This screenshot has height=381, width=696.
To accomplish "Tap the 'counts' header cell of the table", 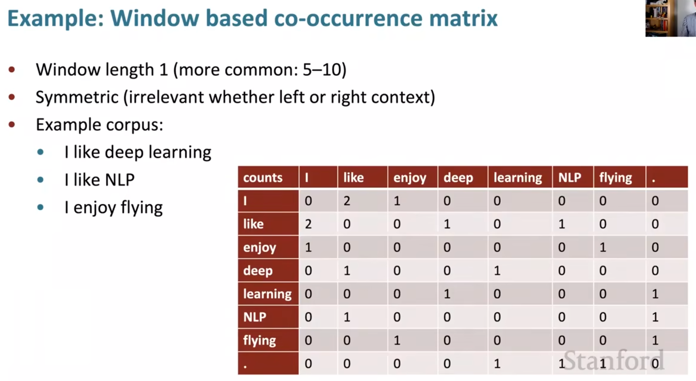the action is [x=268, y=177].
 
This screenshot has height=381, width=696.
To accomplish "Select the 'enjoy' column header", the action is [x=412, y=177].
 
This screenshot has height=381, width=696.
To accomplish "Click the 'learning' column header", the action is [x=520, y=177].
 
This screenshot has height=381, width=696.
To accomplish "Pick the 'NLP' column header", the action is [x=573, y=177].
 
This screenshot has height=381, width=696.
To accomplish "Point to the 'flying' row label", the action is [x=268, y=340].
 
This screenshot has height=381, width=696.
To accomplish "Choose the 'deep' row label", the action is [x=268, y=270].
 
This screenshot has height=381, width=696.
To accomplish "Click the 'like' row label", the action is [x=268, y=224].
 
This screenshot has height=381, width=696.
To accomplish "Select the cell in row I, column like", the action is [x=362, y=201].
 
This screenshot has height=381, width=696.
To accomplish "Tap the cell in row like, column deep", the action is [x=463, y=224].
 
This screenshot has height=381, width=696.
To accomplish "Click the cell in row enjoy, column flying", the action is [x=619, y=247].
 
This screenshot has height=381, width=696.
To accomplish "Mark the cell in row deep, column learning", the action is [x=520, y=270].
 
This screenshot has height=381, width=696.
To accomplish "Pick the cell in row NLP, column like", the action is [x=362, y=317].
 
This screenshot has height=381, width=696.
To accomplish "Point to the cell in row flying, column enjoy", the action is [x=412, y=340].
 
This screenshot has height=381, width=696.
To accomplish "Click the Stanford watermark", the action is [x=614, y=360].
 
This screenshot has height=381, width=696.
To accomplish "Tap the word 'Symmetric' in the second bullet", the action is [x=77, y=97].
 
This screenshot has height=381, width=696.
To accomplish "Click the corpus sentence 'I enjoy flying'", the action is [x=114, y=207].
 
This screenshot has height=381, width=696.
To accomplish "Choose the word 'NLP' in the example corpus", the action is [x=119, y=180].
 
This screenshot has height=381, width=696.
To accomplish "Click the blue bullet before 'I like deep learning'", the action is [x=41, y=152].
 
